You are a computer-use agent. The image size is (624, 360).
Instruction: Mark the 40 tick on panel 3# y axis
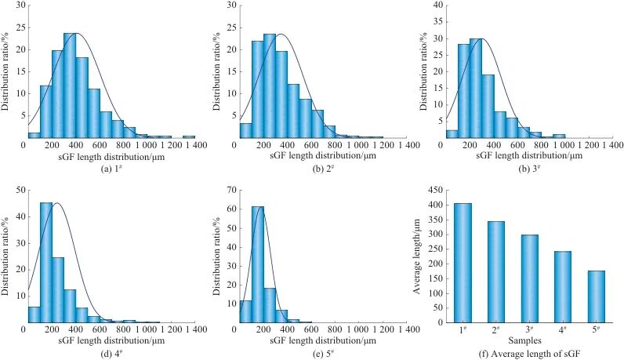coord(444,5)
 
